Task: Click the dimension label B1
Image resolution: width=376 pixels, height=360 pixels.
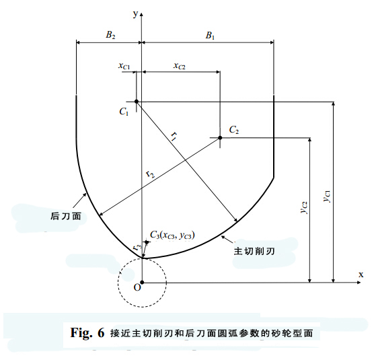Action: (x=210, y=36)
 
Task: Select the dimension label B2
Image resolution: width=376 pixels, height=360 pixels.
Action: (x=110, y=35)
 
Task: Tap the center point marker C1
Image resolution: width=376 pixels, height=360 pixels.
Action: (x=137, y=102)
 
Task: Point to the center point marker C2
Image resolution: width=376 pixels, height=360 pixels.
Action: (x=220, y=138)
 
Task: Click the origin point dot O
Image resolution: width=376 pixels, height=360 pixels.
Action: (x=142, y=283)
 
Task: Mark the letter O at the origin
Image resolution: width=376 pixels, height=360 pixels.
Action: (x=137, y=287)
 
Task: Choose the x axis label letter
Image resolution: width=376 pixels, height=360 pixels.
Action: (x=361, y=275)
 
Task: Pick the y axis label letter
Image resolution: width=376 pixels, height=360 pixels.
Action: (x=136, y=14)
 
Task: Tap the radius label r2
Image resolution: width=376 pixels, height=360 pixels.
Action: (x=151, y=174)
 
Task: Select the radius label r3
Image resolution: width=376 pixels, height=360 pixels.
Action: (x=137, y=246)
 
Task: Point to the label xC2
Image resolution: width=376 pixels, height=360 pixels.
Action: (x=180, y=65)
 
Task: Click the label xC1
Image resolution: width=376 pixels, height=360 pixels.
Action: (x=124, y=65)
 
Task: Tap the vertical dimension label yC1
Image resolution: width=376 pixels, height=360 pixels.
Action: (x=327, y=196)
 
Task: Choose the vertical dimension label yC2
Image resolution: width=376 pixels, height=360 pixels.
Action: (x=304, y=208)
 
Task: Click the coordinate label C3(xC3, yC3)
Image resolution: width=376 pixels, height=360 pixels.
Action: (x=172, y=235)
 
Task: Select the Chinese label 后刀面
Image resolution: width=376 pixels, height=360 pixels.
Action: (x=65, y=216)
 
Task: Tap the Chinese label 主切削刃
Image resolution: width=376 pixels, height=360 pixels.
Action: (x=254, y=252)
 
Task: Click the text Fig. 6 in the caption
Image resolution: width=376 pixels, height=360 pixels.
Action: (x=87, y=332)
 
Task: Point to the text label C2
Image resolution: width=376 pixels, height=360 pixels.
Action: (x=234, y=130)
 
